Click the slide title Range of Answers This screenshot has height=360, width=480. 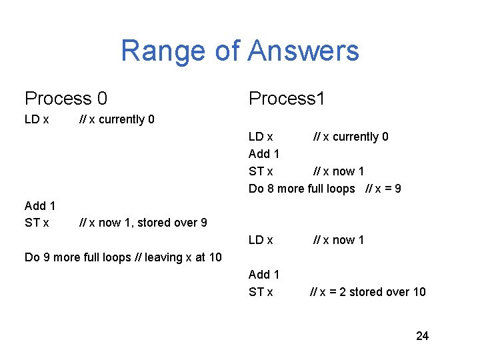coord(239,51)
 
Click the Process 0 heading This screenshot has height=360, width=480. coord(66,99)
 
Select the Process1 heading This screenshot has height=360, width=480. coord(287,99)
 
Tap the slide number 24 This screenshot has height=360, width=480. coord(422,336)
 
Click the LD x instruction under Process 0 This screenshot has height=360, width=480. coord(37,119)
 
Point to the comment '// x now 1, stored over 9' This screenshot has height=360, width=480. coord(143,223)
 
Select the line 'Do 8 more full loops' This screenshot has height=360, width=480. coord(302,189)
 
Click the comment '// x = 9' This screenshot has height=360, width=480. coord(383,189)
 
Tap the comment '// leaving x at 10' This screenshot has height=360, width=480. coord(179,257)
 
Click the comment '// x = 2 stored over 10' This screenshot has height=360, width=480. coord(368,292)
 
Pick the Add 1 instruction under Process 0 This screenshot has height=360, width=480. coord(40,205)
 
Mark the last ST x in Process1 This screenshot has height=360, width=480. coord(261,292)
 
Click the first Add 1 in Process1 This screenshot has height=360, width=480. coord(264,154)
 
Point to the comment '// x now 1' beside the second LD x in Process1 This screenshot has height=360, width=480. coord(339,240)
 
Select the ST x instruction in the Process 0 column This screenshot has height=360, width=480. coord(37,223)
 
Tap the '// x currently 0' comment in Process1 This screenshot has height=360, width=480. coord(351,137)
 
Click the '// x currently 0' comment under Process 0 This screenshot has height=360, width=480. coord(117,119)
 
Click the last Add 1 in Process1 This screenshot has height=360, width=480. coord(264,275)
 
